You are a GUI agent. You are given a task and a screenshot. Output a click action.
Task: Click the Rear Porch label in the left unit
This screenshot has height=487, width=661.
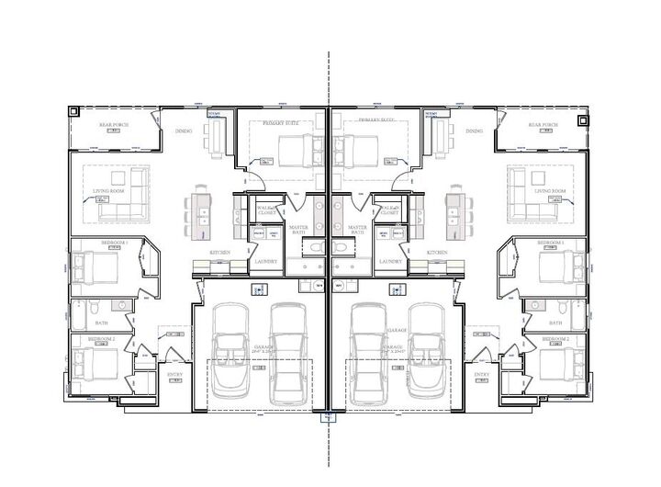click(112, 125)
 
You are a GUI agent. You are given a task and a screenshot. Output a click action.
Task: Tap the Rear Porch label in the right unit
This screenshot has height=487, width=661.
click(543, 125)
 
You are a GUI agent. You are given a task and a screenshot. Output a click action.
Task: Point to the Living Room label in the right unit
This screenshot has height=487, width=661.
click(549, 191)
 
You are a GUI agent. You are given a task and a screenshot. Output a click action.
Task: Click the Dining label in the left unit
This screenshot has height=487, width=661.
click(184, 131)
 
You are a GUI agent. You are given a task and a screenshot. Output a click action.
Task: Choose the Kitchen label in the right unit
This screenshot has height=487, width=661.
click(437, 252)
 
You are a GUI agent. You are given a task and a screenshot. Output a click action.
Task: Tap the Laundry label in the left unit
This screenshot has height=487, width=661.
click(264, 261)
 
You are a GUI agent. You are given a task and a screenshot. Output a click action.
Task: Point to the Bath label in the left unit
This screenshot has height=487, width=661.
click(102, 323)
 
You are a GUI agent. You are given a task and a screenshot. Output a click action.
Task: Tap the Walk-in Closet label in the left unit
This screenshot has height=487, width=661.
click(266, 210)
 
